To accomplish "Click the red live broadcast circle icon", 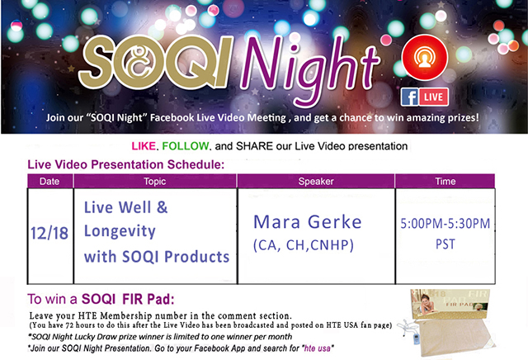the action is coord(425,57).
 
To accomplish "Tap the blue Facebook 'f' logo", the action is coord(409,97).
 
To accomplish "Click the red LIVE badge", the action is coord(433,97).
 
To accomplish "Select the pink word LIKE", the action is coord(144,146).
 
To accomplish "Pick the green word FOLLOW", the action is coord(186,146).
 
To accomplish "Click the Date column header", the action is coord(49,182).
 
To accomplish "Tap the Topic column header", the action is coord(155,182).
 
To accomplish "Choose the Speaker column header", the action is coord(316,182).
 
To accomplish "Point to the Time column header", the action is coord(445,182).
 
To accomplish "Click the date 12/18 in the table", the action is coord(49,234).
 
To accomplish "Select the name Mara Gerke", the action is coord(308,222).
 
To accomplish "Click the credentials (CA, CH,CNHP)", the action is coord(304,245).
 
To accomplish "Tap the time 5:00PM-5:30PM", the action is coord(445,224).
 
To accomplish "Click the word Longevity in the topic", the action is coord(120,231).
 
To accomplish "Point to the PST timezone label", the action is coord(445,244).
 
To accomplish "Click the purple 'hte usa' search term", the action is coord(317,348).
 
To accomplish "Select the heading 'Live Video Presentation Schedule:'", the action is coord(126,164).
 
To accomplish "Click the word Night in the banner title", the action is coord(309,69).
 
